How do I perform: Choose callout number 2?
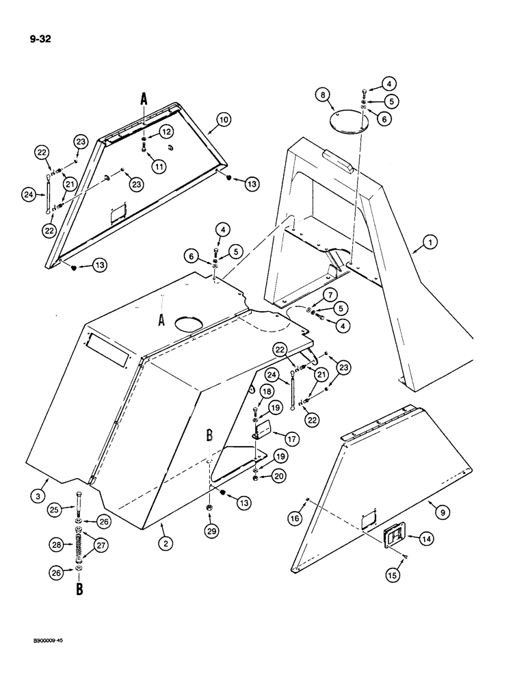click(x=164, y=544)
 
